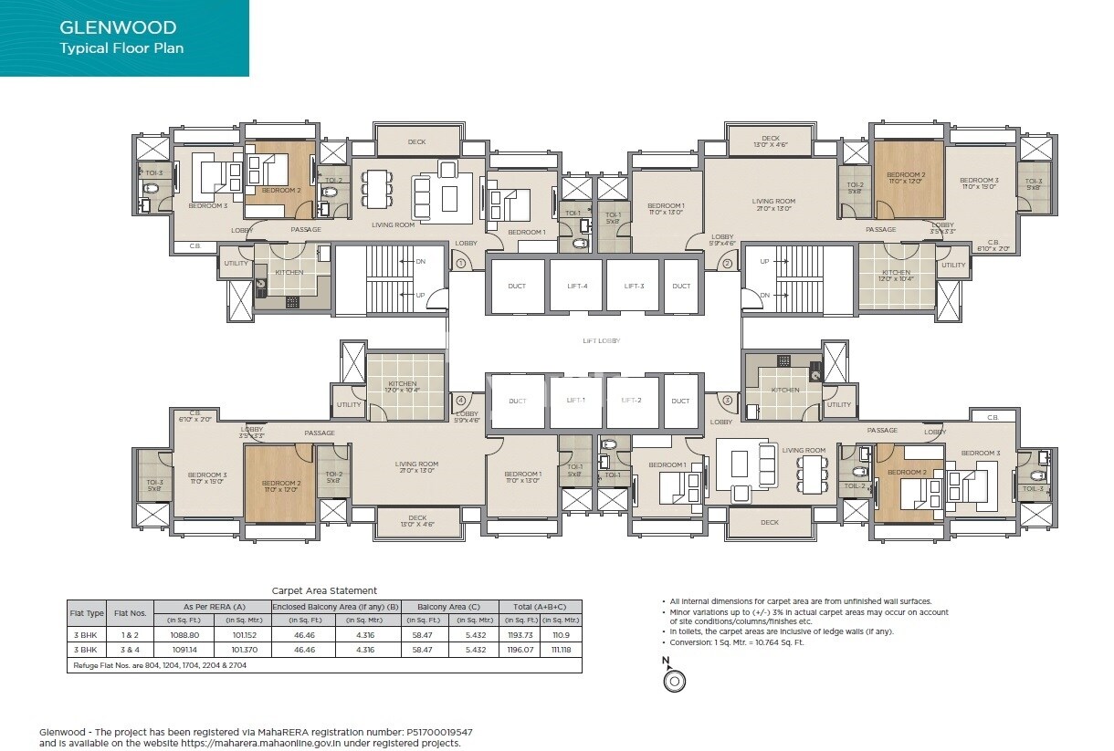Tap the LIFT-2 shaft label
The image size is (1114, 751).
click(632, 401)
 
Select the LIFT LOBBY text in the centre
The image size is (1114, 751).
click(601, 340)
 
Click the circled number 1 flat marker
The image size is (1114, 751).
click(461, 264)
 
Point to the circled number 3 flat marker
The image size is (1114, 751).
click(728, 401)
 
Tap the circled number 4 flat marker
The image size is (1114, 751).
click(461, 401)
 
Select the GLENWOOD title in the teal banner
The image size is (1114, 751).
click(118, 28)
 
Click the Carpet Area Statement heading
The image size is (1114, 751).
click(324, 590)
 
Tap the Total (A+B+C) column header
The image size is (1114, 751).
click(541, 606)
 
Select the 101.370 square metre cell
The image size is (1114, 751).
click(244, 650)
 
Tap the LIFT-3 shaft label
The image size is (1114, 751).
click(635, 287)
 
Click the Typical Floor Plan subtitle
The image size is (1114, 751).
click(121, 48)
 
